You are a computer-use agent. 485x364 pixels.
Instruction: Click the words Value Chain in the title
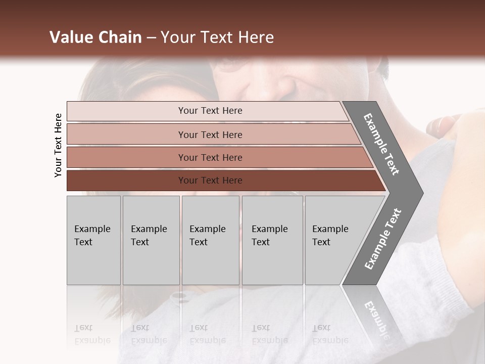(x=95, y=37)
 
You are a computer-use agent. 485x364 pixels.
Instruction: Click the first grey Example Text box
(x=93, y=240)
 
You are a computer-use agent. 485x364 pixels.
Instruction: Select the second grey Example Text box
(x=151, y=240)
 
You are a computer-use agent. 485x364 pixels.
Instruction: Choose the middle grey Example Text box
(x=210, y=240)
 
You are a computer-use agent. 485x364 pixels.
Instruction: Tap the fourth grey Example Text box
(x=272, y=240)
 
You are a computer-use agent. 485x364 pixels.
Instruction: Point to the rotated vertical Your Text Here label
(x=58, y=146)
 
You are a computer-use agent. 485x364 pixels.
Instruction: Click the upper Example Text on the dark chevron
(x=382, y=145)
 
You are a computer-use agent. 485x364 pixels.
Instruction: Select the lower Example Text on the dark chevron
(x=383, y=239)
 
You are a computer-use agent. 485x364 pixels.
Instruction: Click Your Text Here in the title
(x=217, y=37)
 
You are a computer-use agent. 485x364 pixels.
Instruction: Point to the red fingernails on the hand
(x=445, y=123)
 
